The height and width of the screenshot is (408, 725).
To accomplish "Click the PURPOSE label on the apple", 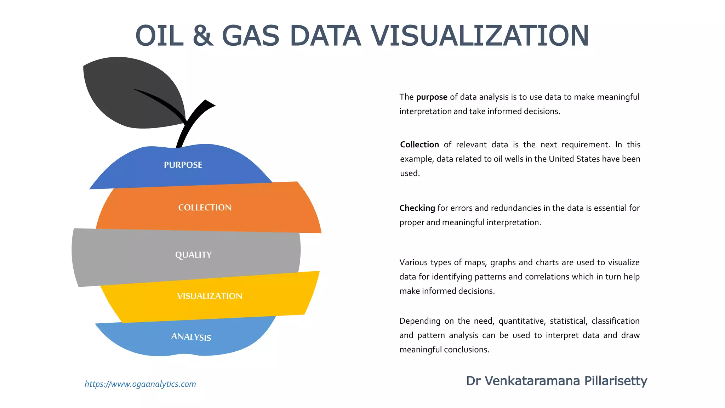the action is tap(183, 165).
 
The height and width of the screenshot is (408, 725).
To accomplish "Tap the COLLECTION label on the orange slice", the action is tap(205, 208).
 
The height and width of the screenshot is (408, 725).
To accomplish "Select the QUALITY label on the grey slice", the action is tap(193, 255).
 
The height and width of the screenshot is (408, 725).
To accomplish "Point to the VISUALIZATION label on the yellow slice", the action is tap(210, 296).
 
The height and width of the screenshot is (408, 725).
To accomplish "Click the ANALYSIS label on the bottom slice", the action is tap(191, 337).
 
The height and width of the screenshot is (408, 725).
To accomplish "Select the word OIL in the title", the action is tap(160, 36).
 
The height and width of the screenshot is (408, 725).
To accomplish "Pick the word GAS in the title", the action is tap(251, 36).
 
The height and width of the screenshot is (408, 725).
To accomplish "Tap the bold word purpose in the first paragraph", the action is tap(432, 97).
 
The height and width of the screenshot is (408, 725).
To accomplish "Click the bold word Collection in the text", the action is tap(419, 145).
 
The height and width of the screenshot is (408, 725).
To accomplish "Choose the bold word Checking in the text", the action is tap(417, 208).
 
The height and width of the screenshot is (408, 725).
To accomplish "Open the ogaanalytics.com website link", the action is tap(140, 384).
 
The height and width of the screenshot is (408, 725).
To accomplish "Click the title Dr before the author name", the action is tap(473, 381).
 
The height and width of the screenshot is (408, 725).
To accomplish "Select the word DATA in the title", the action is tap(325, 36).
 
